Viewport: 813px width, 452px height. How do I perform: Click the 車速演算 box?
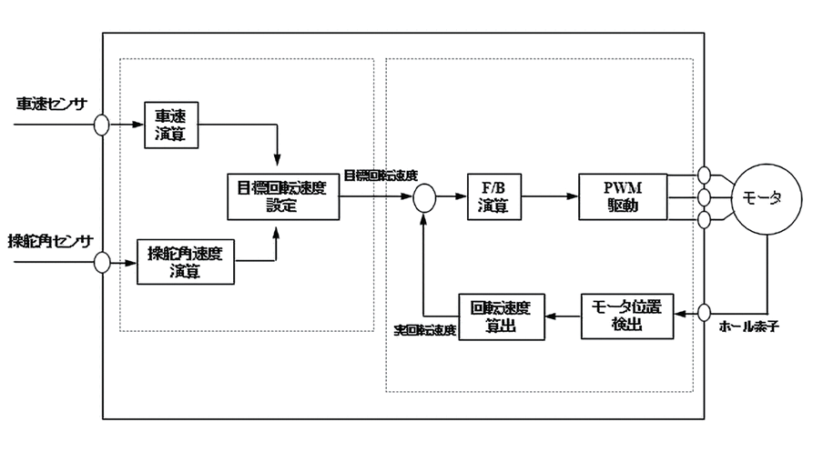(x=171, y=125)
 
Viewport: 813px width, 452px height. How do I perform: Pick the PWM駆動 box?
(x=622, y=196)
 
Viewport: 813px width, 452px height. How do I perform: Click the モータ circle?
(x=763, y=197)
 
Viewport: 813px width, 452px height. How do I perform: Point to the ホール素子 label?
(x=750, y=324)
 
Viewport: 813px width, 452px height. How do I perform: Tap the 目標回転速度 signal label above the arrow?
(x=381, y=176)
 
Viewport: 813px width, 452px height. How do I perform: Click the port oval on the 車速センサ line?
(x=101, y=125)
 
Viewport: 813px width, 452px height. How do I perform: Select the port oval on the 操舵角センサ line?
(x=101, y=262)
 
